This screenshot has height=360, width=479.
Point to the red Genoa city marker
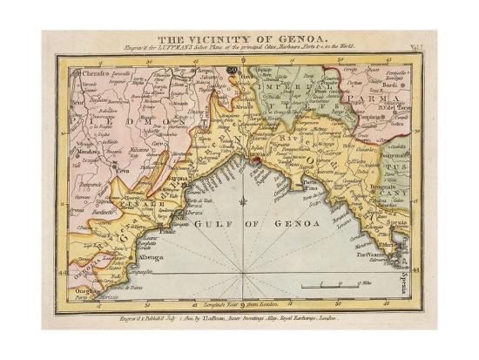pyautogui.click(x=257, y=160)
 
